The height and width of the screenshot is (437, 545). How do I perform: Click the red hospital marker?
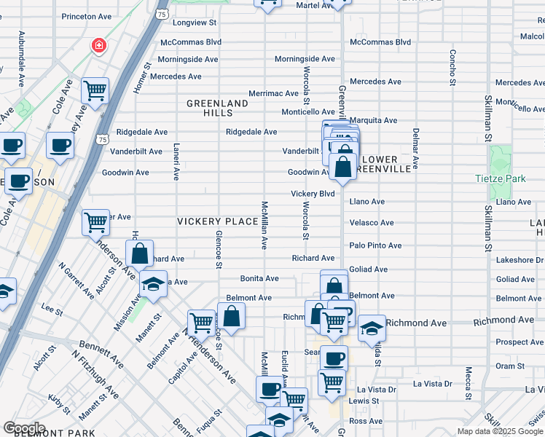pyautogui.click(x=97, y=47)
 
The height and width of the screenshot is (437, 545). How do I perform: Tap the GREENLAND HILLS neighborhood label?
pyautogui.click(x=217, y=109)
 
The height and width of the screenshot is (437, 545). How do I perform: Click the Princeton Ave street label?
pyautogui.click(x=86, y=16)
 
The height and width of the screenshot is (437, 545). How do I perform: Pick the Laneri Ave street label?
pyautogui.click(x=176, y=161)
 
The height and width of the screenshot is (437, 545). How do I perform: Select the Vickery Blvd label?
pyautogui.click(x=313, y=194)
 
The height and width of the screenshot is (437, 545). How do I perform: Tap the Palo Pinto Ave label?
pyautogui.click(x=375, y=246)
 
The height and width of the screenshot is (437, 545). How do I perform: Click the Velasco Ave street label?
pyautogui.click(x=372, y=223)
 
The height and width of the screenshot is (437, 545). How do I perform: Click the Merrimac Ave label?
pyautogui.click(x=273, y=93)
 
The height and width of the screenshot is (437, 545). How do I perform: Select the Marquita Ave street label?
pyautogui.click(x=373, y=120)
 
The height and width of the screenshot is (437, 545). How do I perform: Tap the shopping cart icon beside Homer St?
pyautogui.click(x=95, y=90)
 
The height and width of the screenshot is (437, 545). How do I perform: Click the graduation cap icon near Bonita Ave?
pyautogui.click(x=153, y=284)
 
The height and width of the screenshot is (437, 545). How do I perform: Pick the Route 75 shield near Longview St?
pyautogui.click(x=162, y=14)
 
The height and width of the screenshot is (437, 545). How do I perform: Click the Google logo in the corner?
pyautogui.click(x=24, y=428)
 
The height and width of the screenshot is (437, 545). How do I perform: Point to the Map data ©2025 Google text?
pyautogui.click(x=500, y=431)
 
